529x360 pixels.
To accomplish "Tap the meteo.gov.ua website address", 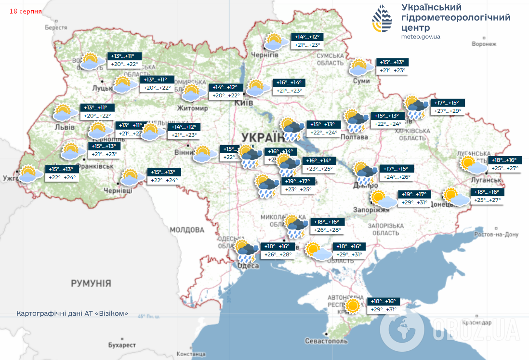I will click(x=421, y=37).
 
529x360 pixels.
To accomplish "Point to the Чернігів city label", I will click(x=265, y=55).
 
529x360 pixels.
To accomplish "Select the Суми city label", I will click(x=361, y=81).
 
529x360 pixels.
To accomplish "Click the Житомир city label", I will click(x=192, y=108).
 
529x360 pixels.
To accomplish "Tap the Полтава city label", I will click(x=354, y=137).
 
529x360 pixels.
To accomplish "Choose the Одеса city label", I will click(x=248, y=266).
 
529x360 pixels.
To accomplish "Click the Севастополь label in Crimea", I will click(x=326, y=341).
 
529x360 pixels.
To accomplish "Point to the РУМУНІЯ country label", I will click(x=91, y=283).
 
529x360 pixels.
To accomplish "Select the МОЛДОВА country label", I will click(x=187, y=229).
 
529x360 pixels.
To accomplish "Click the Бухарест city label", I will click(x=122, y=346).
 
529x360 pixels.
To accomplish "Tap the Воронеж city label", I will click(x=484, y=44).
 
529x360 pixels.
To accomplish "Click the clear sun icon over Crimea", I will click(x=353, y=306).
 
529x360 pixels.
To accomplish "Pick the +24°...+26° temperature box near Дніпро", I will click(x=397, y=177).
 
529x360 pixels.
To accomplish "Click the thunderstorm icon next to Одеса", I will click(x=247, y=250).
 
